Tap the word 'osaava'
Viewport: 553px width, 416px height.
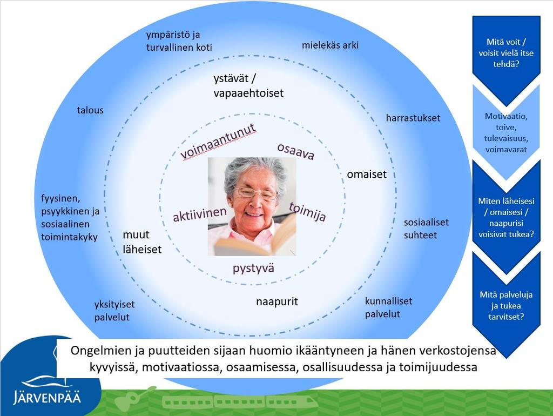pyautogui.click(x=295, y=151)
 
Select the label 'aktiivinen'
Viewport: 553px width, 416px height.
pyautogui.click(x=200, y=214)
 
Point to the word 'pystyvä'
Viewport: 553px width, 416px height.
pyautogui.click(x=253, y=268)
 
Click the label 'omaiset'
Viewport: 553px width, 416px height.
pyautogui.click(x=367, y=175)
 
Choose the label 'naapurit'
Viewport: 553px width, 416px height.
pyautogui.click(x=277, y=301)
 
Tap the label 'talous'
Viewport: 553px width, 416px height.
pyautogui.click(x=90, y=110)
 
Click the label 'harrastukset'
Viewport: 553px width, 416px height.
pyautogui.click(x=413, y=118)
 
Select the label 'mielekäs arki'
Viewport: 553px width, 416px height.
pyautogui.click(x=330, y=45)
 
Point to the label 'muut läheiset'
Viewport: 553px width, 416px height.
pyautogui.click(x=142, y=242)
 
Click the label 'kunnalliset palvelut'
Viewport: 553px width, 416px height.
pyautogui.click(x=388, y=307)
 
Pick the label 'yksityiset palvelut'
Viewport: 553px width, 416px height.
pyautogui.click(x=114, y=311)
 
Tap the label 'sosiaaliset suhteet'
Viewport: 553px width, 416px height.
pyautogui.click(x=426, y=229)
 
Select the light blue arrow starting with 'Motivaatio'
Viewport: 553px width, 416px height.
pyautogui.click(x=506, y=133)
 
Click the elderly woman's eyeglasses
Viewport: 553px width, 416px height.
pyautogui.click(x=257, y=193)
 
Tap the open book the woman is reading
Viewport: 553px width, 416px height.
pyautogui.click(x=255, y=240)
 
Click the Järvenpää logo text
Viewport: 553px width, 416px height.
pyautogui.click(x=47, y=397)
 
